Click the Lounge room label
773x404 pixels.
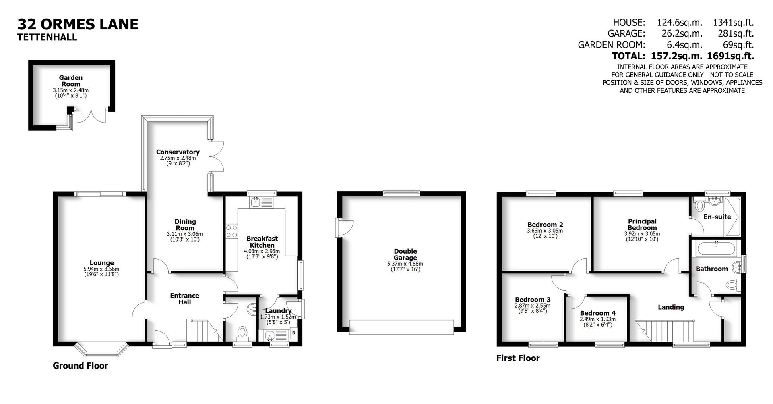tap(101, 263)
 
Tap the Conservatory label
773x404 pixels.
tap(178, 152)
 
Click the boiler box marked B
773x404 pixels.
tap(293, 333)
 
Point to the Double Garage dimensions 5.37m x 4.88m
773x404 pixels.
tap(405, 264)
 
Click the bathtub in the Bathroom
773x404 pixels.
tap(718, 248)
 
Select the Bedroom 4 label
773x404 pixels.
tap(597, 313)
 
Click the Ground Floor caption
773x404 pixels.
tap(81, 366)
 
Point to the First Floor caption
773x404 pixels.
tap(518, 358)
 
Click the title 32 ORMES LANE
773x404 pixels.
tap(78, 24)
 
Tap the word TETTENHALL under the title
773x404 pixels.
tap(47, 37)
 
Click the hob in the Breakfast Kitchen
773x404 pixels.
tap(231, 231)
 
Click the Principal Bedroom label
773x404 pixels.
tap(642, 224)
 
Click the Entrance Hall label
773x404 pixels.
tap(184, 299)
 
